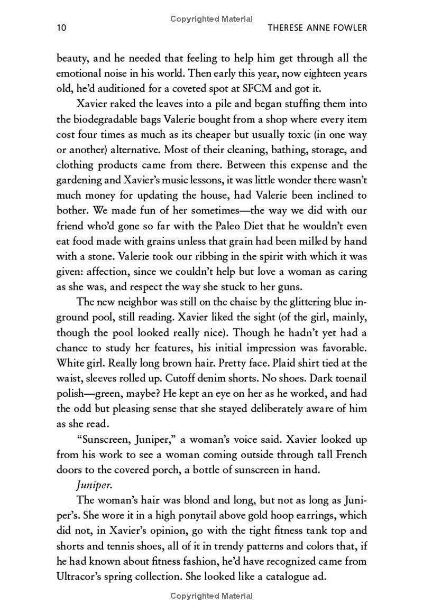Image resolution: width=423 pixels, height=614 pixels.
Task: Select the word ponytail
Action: tap(190, 516)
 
